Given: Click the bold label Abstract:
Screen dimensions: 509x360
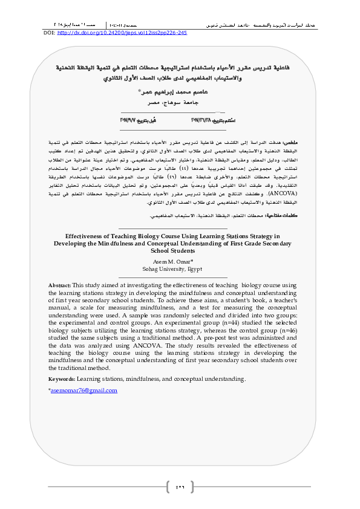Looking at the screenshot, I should point(59,284).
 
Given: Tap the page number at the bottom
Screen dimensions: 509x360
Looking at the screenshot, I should point(180,487).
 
